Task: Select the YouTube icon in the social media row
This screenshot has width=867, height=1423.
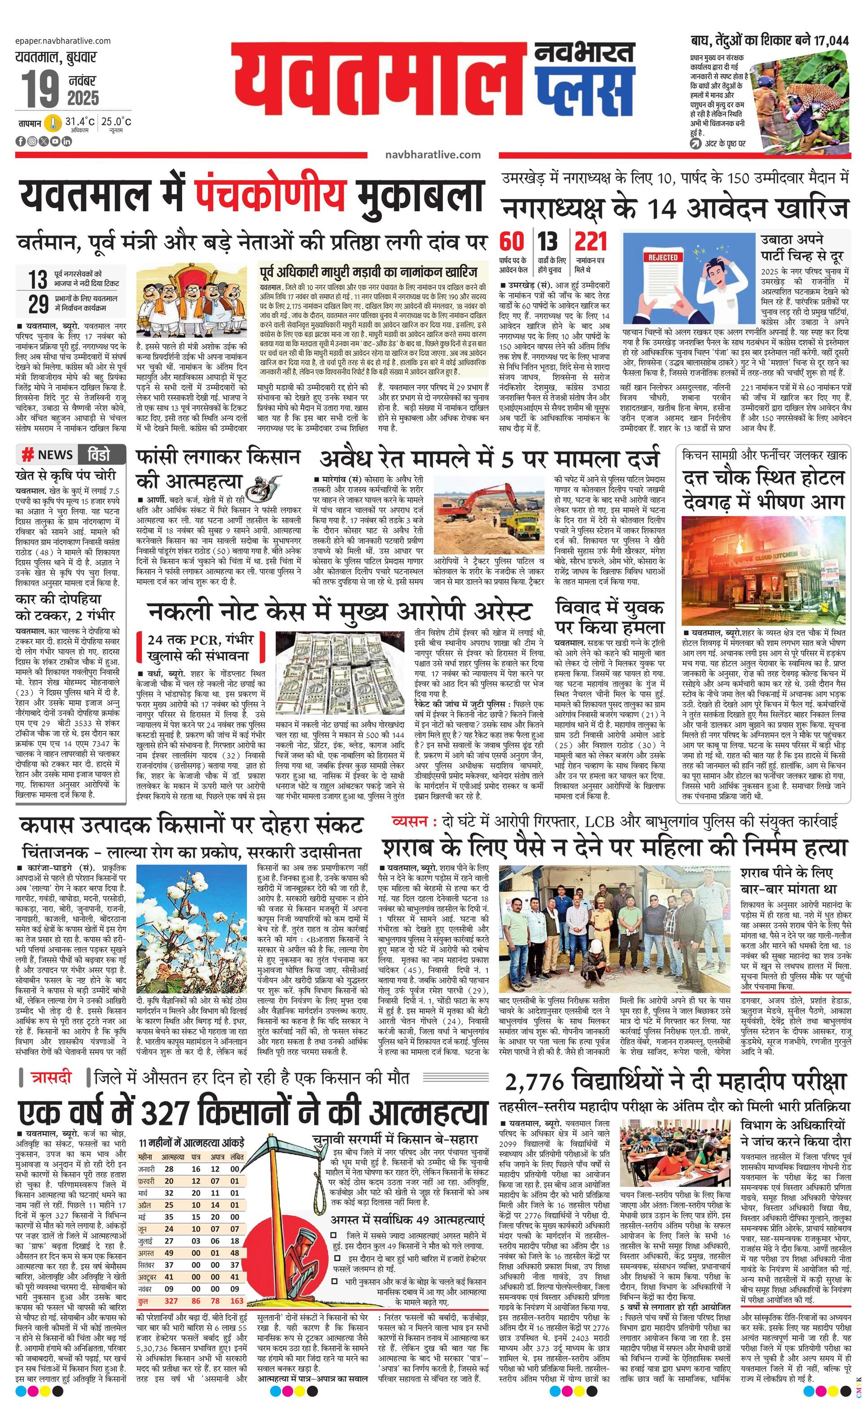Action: [55, 141]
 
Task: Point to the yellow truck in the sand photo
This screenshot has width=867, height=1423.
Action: [523, 523]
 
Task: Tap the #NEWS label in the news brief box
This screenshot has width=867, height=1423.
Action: [48, 454]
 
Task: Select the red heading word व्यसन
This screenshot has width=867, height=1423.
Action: [409, 821]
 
